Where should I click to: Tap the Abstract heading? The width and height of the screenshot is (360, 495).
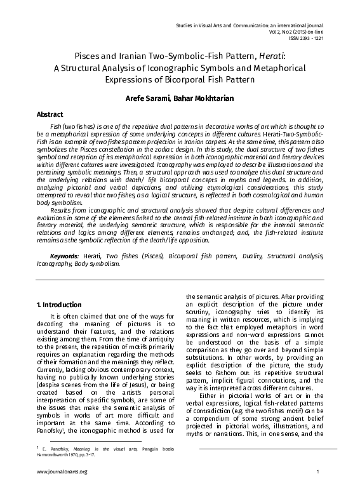[49, 114]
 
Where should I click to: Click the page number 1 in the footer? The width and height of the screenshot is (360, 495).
[317, 472]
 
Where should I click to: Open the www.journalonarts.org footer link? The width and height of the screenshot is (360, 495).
[62, 472]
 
